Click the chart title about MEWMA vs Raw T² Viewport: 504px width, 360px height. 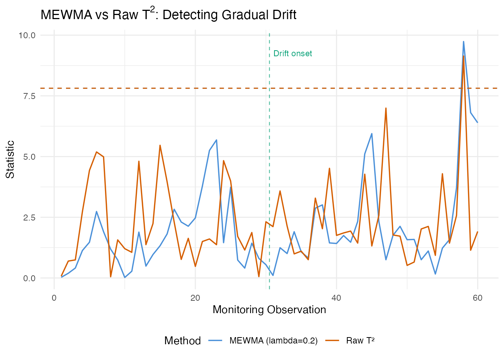coord(168,15)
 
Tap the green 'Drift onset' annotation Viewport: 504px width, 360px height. coord(292,54)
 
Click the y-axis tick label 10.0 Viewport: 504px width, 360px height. coord(27,35)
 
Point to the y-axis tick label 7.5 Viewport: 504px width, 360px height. coord(29,96)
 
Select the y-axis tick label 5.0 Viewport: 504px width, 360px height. coord(29,157)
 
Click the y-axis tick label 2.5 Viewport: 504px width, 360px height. coord(29,217)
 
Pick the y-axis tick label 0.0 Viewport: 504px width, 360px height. coord(29,278)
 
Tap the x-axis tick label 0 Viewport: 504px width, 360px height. coord(54,298)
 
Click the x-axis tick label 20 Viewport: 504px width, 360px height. coord(195,298)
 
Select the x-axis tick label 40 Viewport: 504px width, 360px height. coord(336,298)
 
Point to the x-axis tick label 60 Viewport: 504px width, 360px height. coord(477,298)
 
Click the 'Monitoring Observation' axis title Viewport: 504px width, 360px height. coord(269,310)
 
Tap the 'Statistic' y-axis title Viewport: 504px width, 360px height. coord(10,159)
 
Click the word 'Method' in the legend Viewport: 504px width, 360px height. coord(183,340)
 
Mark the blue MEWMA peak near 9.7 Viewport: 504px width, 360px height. coord(463,42)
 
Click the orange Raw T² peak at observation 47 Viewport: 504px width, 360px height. coord(386,108)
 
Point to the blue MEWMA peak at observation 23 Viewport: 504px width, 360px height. coord(216,140)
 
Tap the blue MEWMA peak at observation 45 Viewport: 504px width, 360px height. coord(372,133)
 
